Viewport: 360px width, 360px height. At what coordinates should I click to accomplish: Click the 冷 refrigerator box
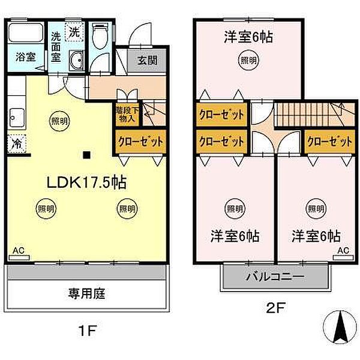[x=16, y=143]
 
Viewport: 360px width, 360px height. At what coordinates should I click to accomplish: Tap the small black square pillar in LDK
[x=87, y=156]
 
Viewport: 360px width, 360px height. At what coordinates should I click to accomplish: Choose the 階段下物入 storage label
[x=127, y=114]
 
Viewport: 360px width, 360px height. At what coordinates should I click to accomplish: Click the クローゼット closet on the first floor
[x=140, y=142]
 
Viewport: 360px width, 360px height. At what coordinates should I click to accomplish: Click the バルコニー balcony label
[x=275, y=277]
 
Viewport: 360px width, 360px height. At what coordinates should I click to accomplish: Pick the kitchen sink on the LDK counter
[x=16, y=116]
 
